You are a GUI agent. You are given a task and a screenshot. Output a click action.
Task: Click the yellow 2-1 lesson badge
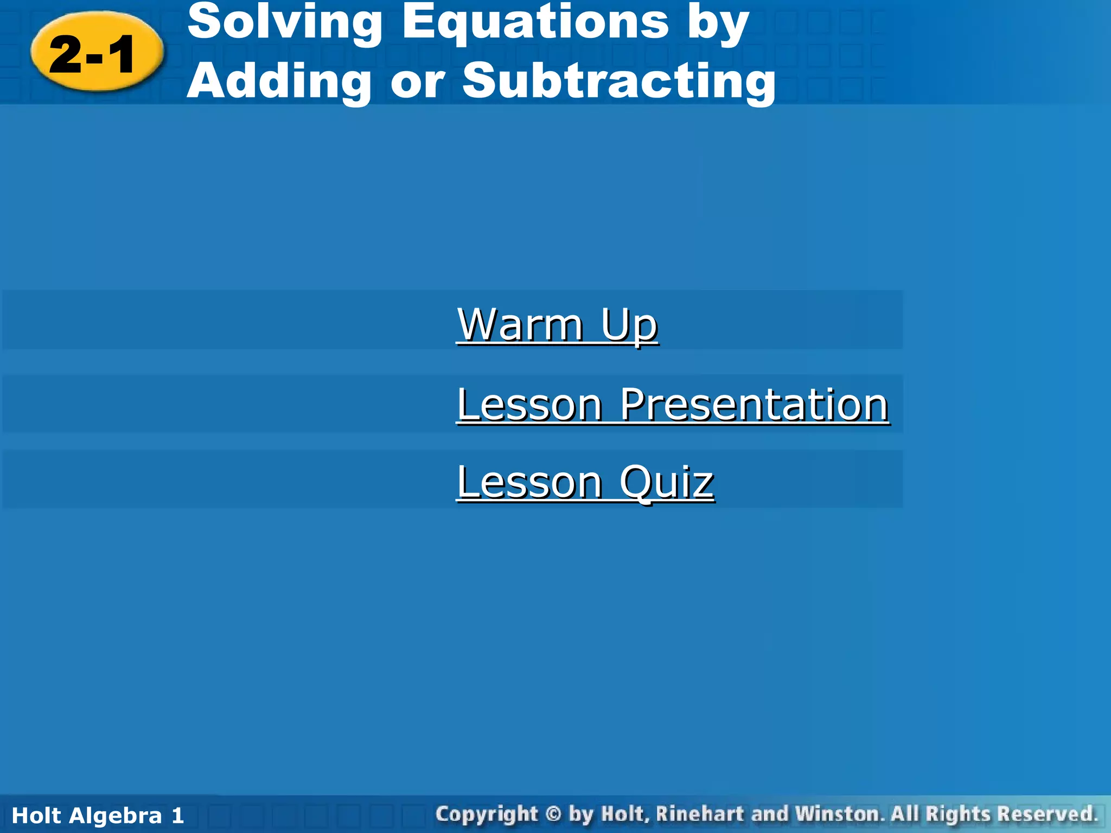[97, 53]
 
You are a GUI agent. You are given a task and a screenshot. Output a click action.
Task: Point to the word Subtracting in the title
[619, 81]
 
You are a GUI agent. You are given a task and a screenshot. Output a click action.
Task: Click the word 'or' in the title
[417, 83]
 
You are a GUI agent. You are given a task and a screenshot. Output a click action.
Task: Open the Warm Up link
[557, 325]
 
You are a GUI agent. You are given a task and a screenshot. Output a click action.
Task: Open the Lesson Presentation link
[672, 405]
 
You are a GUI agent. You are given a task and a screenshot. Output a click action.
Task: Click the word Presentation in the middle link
[754, 405]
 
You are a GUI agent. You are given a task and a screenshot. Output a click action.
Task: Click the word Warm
[520, 325]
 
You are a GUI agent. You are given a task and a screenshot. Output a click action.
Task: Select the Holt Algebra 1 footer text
[98, 816]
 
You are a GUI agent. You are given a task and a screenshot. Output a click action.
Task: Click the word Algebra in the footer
[116, 816]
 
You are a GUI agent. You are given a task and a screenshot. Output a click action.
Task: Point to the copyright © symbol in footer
[553, 814]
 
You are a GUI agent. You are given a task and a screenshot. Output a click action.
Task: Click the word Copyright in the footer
[487, 815]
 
